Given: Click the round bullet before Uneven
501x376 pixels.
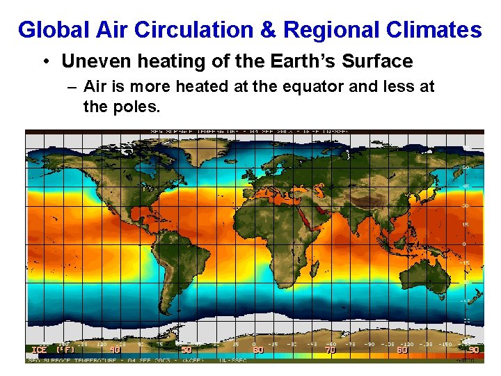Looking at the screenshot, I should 45,62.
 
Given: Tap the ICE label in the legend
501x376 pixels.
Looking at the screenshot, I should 39,350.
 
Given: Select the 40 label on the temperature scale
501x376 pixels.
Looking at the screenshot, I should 115,350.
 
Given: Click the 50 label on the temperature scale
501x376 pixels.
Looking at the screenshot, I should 186,350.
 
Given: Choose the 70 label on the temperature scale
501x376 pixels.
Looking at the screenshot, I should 331,350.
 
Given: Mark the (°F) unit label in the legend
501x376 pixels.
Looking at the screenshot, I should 65,350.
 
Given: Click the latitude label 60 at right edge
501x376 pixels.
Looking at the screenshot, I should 466,168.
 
